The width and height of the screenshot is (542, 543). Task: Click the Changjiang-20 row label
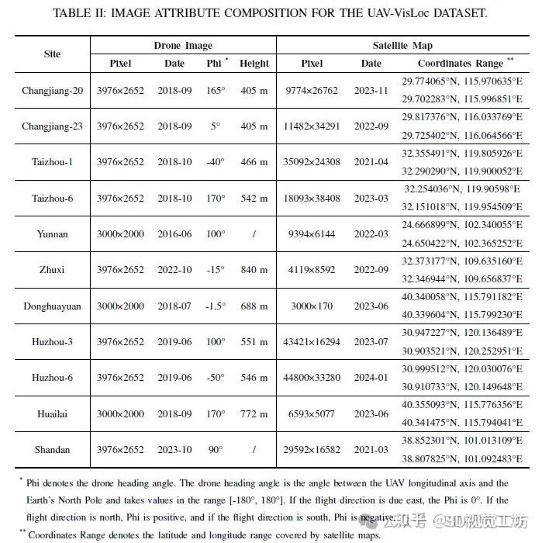[x=53, y=91]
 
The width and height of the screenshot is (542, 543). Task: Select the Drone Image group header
[x=183, y=46]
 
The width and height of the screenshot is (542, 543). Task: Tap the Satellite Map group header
[x=402, y=46]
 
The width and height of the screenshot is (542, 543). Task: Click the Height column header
[x=254, y=64]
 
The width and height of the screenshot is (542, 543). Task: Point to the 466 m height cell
[x=254, y=162]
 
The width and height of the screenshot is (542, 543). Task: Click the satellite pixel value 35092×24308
[x=312, y=162]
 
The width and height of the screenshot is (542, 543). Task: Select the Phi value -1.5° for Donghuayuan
[x=215, y=306]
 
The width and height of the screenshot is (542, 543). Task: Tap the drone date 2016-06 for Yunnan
[x=174, y=233]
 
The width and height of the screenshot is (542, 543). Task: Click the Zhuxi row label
[x=53, y=270]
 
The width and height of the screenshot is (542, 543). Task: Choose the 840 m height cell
[x=254, y=270]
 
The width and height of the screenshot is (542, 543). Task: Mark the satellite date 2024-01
[x=371, y=378]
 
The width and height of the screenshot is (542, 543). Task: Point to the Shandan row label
[x=53, y=449]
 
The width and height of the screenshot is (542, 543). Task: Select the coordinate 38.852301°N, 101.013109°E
[x=461, y=440]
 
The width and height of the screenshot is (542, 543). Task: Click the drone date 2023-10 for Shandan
[x=174, y=449]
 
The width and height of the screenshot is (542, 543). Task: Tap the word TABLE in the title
[x=74, y=13]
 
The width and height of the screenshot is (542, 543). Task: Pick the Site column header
[x=53, y=54]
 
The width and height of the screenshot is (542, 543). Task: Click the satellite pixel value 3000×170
[x=312, y=306]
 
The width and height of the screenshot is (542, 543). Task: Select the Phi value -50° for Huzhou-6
[x=215, y=378]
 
